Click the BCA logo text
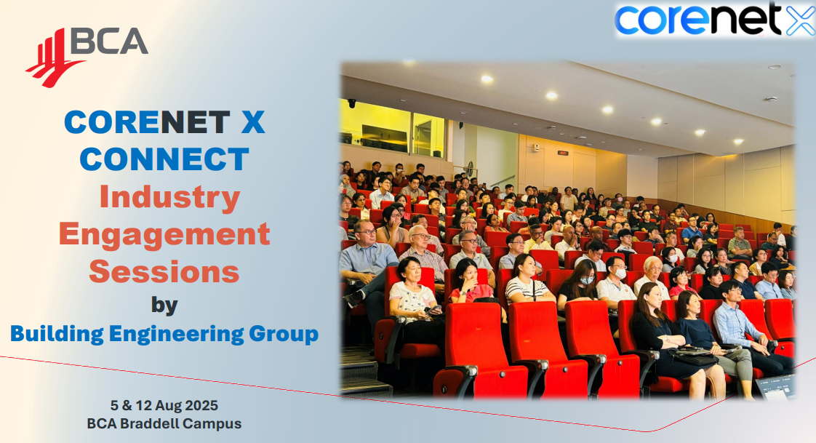[109, 41]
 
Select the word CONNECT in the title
[164, 159]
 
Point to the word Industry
[169, 197]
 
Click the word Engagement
[164, 235]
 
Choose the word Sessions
[164, 272]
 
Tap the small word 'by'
[164, 303]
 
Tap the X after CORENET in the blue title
[253, 122]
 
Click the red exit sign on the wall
[562, 153]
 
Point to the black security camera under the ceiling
[352, 103]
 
